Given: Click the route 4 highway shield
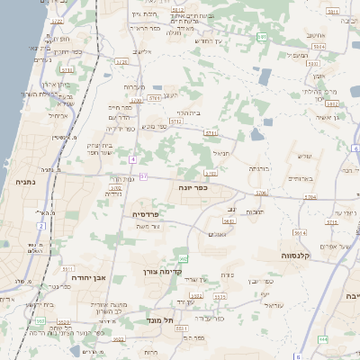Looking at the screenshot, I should pos(132,159).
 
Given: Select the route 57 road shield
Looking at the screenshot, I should pos(142,176).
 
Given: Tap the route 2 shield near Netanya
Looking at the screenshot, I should pos(40,226).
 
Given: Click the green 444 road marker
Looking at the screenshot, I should pos(322,339).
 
